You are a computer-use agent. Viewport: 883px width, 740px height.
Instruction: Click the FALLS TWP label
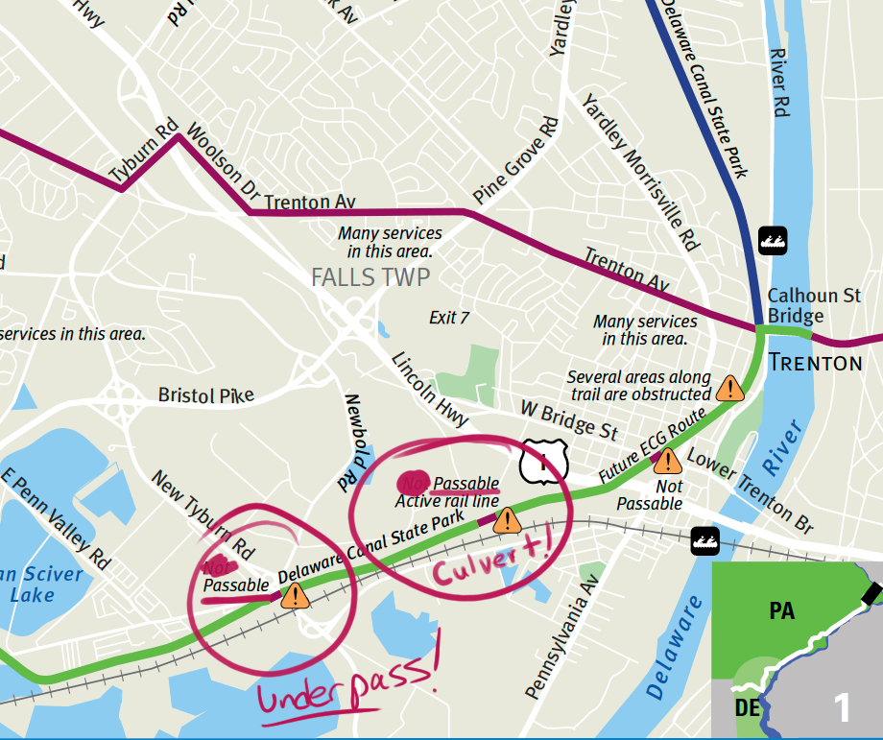point(370,278)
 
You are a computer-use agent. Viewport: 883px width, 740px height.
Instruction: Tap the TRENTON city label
point(815,362)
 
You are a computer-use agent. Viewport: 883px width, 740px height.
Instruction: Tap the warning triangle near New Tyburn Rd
point(296,596)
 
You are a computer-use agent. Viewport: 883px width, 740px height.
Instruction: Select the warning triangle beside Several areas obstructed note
point(730,388)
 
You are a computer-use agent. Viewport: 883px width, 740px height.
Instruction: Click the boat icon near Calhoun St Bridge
point(774,238)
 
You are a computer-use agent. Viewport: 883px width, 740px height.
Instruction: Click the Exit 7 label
point(448,318)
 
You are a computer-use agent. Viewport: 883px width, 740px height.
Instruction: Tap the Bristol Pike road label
point(206,395)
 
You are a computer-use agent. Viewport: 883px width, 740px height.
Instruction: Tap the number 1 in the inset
point(842,707)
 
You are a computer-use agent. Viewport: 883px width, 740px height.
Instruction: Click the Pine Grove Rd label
point(515,160)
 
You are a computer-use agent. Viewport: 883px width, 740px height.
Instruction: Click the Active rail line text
point(446,500)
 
